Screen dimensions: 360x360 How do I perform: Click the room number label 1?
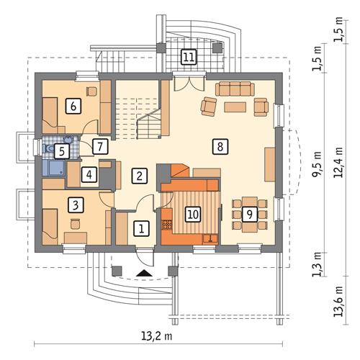click(142, 228)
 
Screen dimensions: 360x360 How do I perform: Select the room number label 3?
click(76, 204)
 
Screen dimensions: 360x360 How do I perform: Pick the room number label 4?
click(88, 174)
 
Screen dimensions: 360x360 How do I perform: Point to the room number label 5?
click(61, 150)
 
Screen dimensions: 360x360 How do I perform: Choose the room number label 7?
click(102, 147)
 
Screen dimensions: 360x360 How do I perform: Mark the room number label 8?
click(221, 146)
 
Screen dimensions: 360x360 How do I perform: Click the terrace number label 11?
click(188, 56)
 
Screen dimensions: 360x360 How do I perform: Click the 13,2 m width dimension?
click(152, 336)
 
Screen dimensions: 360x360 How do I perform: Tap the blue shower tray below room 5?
click(53, 168)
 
